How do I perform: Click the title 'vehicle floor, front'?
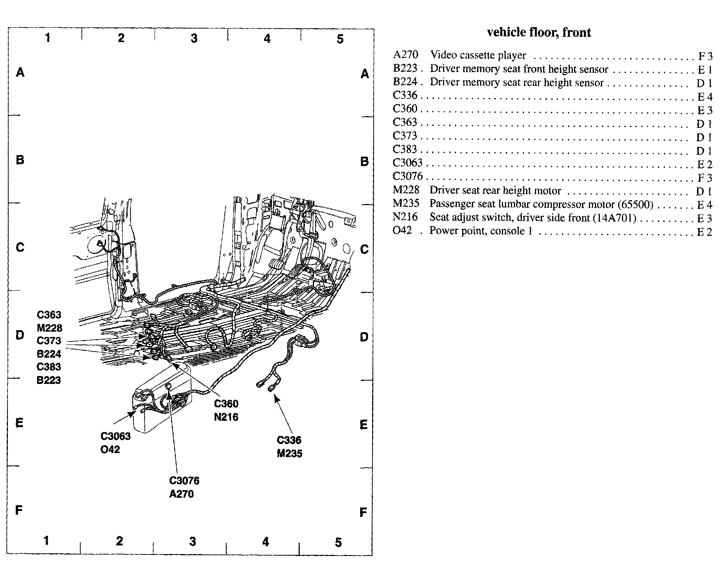click(539, 33)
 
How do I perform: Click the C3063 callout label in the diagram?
click(116, 436)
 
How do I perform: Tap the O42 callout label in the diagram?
click(110, 449)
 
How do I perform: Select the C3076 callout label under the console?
click(184, 480)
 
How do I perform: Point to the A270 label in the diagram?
click(181, 494)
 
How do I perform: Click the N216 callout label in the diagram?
click(226, 417)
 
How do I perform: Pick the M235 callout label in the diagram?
click(289, 453)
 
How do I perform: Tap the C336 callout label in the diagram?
click(289, 440)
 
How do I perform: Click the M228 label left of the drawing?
click(49, 328)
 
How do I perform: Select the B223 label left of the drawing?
click(48, 380)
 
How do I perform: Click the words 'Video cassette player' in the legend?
click(478, 55)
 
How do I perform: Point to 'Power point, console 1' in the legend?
click(481, 231)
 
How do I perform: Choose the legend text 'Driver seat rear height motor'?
click(495, 190)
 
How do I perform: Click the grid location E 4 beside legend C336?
click(704, 97)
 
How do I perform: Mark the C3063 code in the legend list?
click(407, 163)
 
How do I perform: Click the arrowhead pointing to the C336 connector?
click(276, 397)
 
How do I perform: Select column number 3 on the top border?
click(194, 38)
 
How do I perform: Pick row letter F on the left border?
click(19, 510)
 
